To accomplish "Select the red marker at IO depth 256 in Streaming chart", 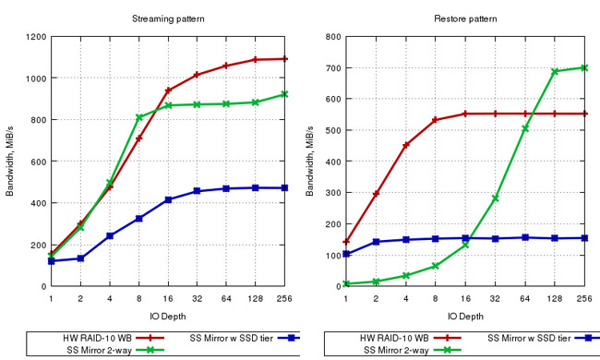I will coord(285,59).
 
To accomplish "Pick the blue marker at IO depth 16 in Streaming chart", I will coord(168,199).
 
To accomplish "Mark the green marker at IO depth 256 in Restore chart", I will coord(582,67).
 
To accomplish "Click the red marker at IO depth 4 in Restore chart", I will coord(406,145).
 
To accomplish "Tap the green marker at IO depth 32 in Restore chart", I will coord(495,198).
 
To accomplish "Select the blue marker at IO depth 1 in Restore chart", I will coord(346,254).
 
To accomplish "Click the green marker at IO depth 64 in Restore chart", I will coord(524,128).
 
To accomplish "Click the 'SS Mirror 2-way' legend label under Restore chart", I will coord(391,349).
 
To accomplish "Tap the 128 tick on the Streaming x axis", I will coord(256,299).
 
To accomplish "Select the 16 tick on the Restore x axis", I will coord(465,299).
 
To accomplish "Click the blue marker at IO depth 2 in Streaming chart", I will coord(80,258).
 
